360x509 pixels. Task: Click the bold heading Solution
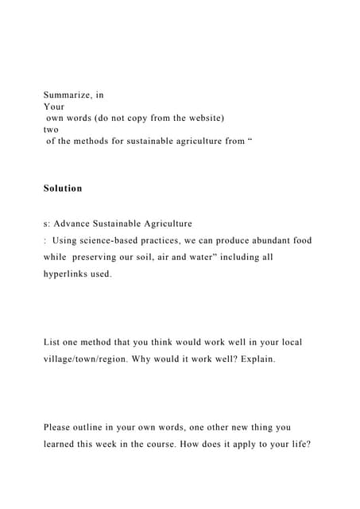click(x=63, y=188)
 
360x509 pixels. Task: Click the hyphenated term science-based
click(x=118, y=240)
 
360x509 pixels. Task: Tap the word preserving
click(x=108, y=257)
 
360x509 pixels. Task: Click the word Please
click(x=60, y=427)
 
